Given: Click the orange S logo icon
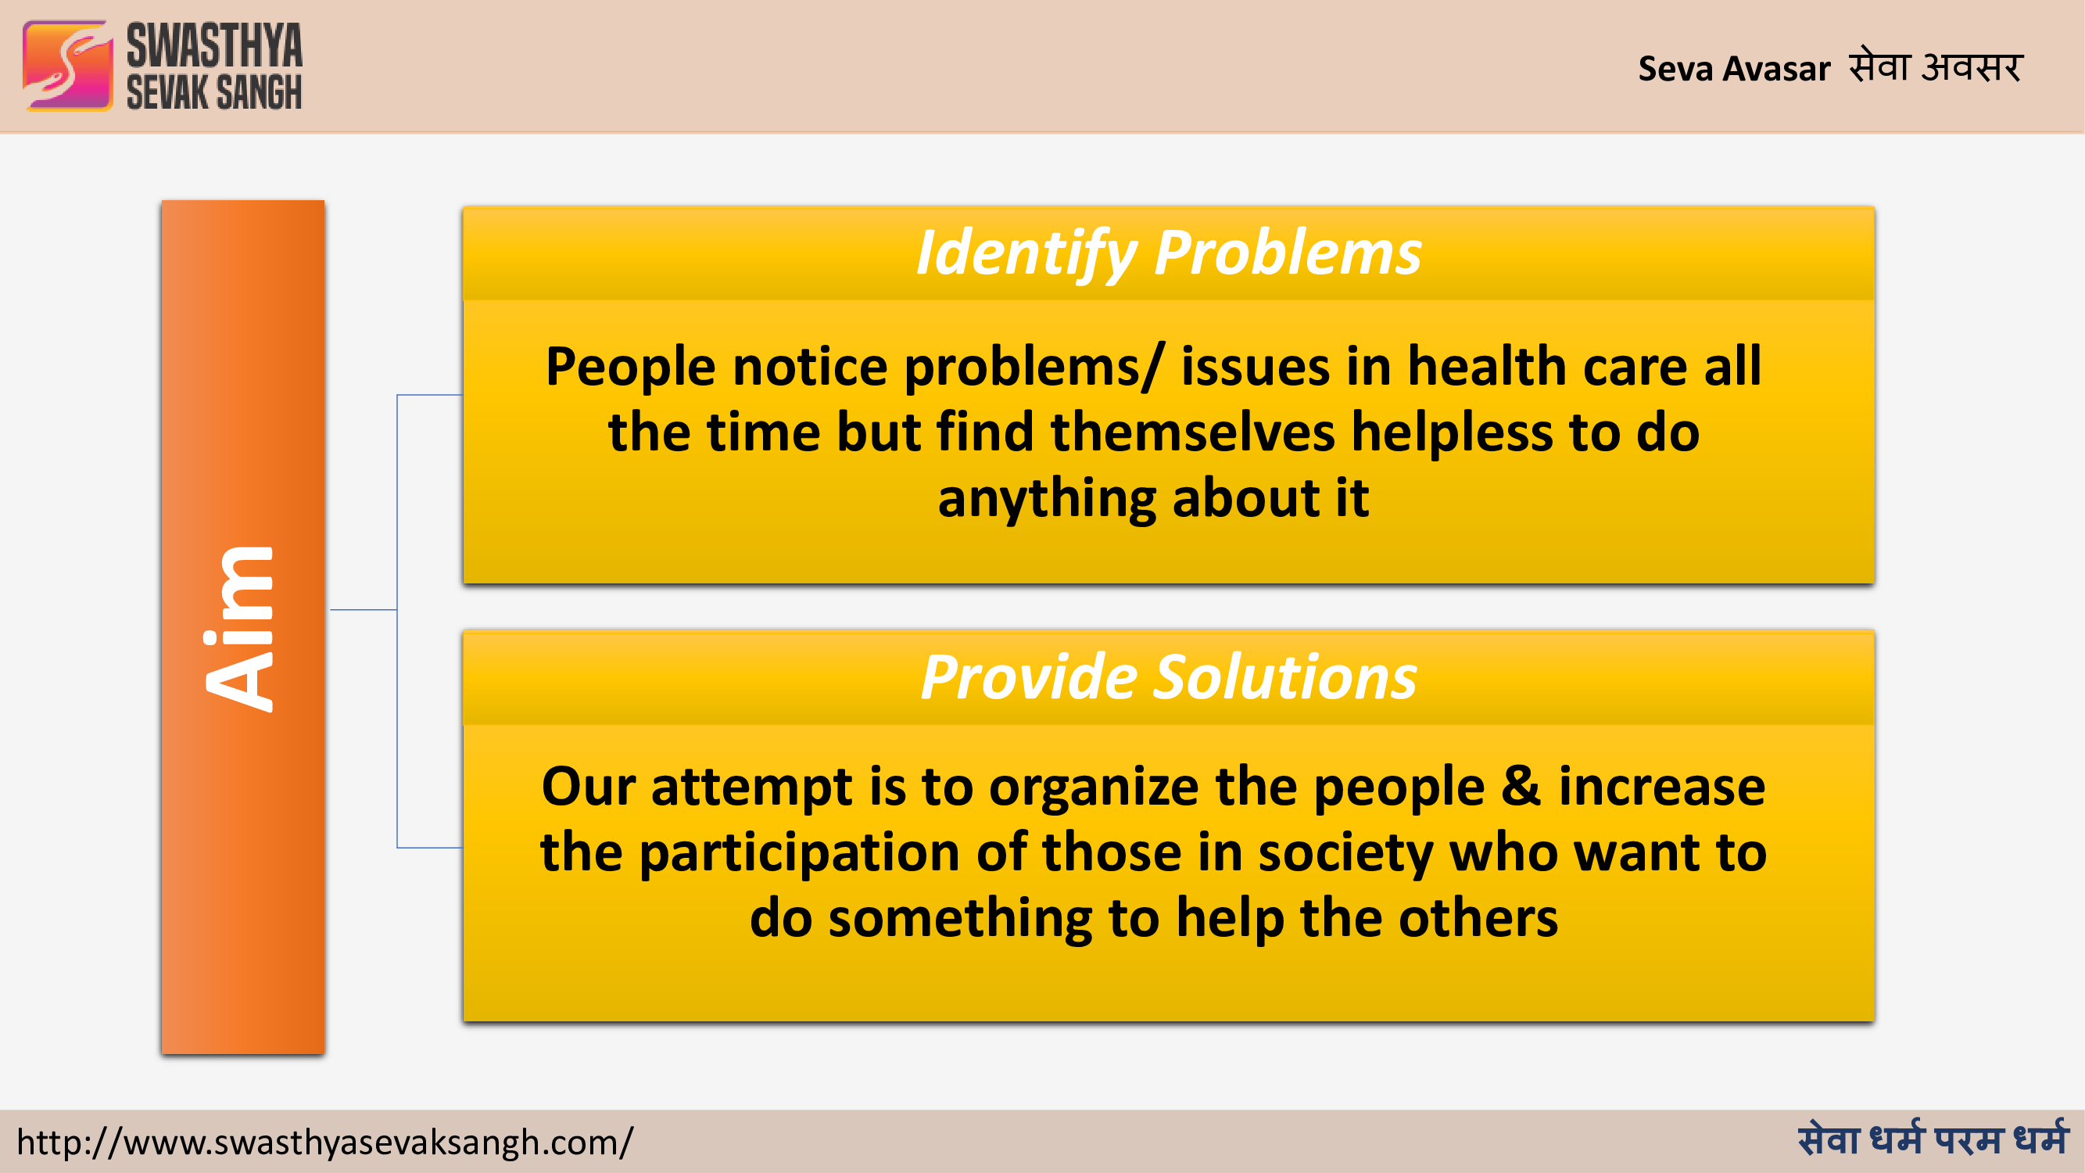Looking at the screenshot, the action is tap(68, 66).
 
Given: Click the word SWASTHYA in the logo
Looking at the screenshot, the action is tap(214, 45).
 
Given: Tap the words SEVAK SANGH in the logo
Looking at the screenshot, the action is tap(214, 91).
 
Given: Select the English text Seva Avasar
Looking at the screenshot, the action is tap(1734, 69).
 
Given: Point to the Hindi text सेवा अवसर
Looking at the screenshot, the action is tap(1936, 66).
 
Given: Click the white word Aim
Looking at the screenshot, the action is tap(240, 629).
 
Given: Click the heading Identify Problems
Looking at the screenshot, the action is tap(1168, 253).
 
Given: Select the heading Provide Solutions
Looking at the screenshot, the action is tap(1168, 676).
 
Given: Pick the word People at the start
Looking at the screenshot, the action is tap(631, 368).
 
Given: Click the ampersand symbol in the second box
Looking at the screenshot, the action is tap(1521, 786).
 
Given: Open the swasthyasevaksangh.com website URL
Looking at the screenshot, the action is tap(325, 1143).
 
